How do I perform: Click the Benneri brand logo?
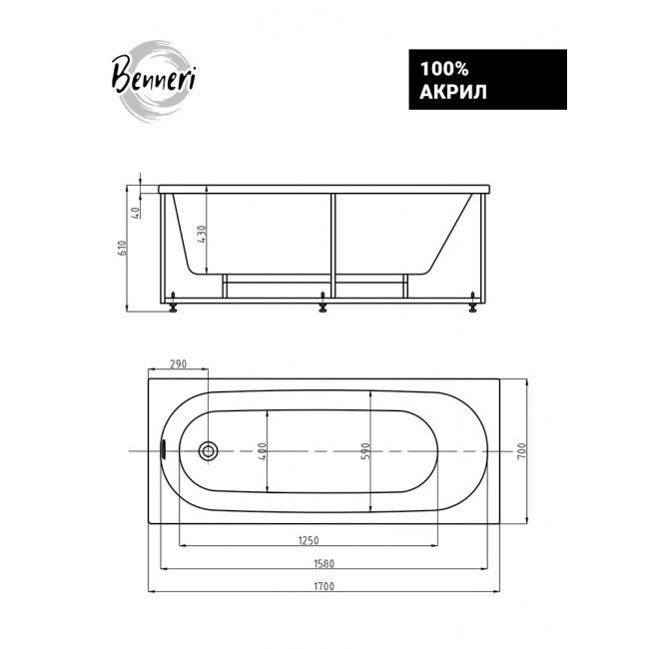[x=154, y=82]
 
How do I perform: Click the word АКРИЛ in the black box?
[x=453, y=92]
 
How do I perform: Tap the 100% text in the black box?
[x=444, y=69]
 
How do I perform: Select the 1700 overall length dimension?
[x=324, y=586]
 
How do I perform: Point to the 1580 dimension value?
[x=324, y=563]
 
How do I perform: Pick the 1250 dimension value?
[x=309, y=540]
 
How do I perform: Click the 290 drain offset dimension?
[x=179, y=363]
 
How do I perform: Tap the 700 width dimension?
[x=521, y=450]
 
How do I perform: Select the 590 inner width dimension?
[x=364, y=450]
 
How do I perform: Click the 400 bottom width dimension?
[x=262, y=450]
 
